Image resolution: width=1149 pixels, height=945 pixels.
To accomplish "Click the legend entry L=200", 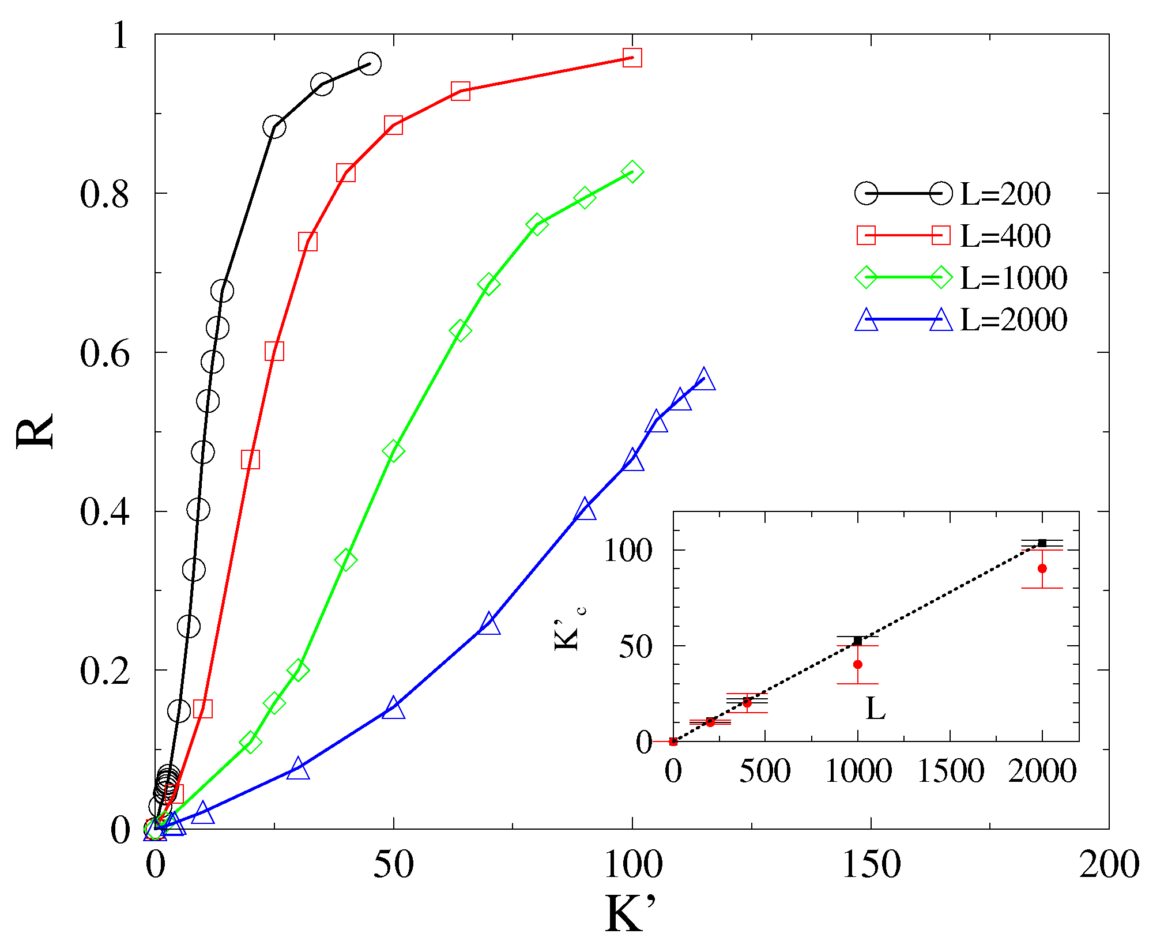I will (1005, 194).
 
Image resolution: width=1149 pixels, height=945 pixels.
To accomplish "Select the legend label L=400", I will (1005, 236).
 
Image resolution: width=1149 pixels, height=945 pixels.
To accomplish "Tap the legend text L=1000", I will (1013, 278).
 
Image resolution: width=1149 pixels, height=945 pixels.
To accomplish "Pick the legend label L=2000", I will (1013, 320).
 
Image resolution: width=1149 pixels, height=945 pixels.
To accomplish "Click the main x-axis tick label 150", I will (871, 864).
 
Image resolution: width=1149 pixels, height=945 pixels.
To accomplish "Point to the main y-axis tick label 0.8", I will (104, 194).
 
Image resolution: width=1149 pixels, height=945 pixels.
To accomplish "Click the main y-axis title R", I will (35, 431).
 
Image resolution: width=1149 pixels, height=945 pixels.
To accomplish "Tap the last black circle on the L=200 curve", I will (370, 64).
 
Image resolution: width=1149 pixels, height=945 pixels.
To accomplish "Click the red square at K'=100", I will (632, 58).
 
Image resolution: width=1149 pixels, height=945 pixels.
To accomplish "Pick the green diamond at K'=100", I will (632, 172).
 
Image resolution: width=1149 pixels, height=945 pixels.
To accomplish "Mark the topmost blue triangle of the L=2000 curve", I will (704, 380).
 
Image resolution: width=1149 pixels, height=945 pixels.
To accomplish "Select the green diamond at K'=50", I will (394, 451).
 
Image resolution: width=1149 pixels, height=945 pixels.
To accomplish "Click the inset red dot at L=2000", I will (1042, 568).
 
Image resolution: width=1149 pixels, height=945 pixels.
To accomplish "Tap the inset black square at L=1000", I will (857, 641).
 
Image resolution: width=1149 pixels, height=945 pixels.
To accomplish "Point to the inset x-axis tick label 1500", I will (950, 771).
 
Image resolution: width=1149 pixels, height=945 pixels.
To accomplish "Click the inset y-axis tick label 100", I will (628, 550).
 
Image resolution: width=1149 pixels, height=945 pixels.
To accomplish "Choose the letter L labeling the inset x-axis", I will (875, 709).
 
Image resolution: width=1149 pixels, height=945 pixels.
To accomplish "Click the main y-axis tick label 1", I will (120, 36).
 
